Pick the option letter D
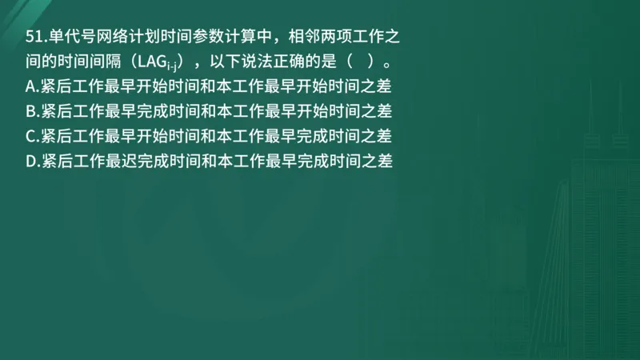[x=31, y=160]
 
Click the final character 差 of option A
[x=391, y=86]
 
